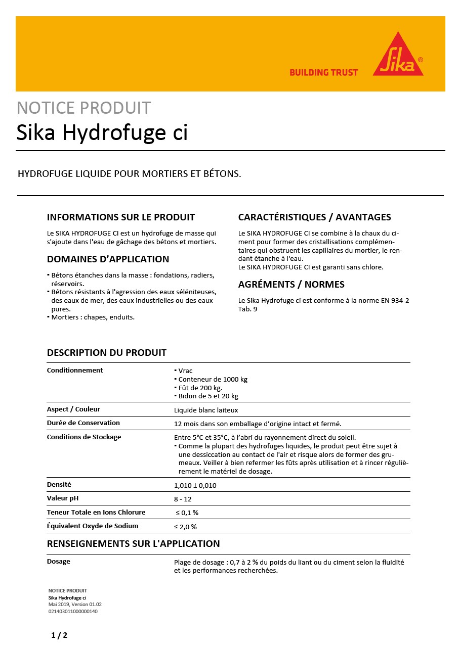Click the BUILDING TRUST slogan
[323, 73]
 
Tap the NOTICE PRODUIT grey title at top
[84, 108]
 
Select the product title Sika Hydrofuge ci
[102, 132]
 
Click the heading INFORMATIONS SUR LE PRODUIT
[120, 217]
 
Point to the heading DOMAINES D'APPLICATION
[108, 259]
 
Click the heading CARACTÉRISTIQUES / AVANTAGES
[314, 217]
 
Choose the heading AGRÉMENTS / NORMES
[291, 285]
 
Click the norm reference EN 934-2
[392, 301]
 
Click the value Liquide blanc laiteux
[206, 410]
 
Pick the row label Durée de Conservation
[84, 423]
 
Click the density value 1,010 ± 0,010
[195, 485]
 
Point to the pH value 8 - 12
[183, 499]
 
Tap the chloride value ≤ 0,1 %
[187, 513]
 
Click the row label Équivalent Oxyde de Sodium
[93, 526]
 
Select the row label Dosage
[59, 562]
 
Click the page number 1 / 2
[59, 635]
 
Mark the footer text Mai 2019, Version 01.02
[75, 605]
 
